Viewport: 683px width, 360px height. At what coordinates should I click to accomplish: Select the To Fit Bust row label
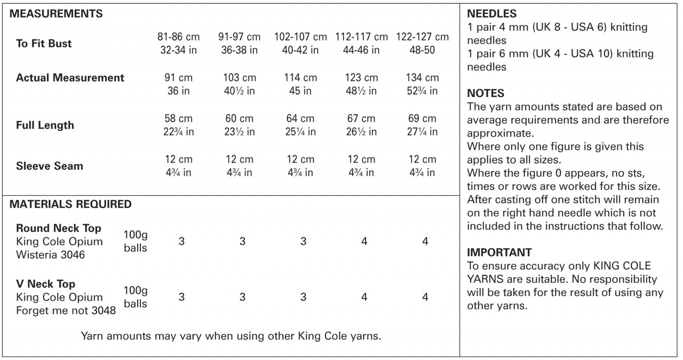[44, 44]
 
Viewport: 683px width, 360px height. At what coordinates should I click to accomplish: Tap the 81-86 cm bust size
[178, 37]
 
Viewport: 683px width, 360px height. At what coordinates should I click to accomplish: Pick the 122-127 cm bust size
[422, 37]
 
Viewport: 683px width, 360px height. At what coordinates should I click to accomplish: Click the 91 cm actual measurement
[178, 78]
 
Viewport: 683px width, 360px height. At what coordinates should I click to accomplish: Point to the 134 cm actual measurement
[422, 78]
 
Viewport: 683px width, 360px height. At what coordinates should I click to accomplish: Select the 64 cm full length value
[300, 118]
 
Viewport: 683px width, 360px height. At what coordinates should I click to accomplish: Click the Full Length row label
[45, 126]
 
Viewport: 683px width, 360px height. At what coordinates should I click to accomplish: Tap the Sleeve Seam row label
[50, 166]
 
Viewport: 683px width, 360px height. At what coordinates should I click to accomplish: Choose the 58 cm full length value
[178, 118]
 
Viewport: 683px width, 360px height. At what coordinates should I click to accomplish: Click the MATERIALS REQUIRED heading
[70, 204]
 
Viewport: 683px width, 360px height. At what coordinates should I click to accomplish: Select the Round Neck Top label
[59, 228]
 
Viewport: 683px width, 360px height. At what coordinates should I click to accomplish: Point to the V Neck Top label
[45, 284]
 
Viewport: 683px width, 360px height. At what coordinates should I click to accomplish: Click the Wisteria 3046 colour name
[51, 255]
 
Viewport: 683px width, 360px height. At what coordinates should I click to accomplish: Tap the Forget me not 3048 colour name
[66, 310]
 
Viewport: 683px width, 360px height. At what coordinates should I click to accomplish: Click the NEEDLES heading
[491, 14]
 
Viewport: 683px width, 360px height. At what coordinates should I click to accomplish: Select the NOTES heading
[486, 93]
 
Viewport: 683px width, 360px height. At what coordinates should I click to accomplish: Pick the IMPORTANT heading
[499, 252]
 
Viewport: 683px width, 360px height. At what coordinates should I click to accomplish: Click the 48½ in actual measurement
[361, 91]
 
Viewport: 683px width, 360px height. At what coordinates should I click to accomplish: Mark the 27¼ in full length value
[422, 132]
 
